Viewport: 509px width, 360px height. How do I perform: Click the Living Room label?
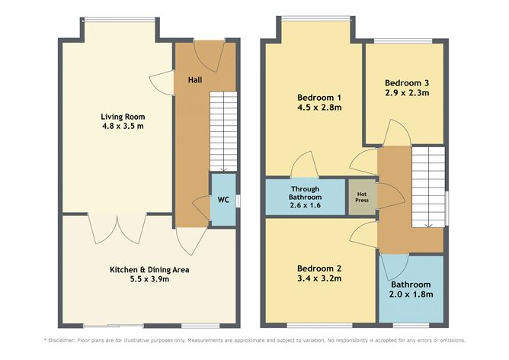pyautogui.click(x=123, y=117)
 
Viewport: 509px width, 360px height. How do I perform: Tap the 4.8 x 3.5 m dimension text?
pyautogui.click(x=123, y=127)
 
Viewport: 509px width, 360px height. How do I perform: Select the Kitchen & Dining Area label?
pyautogui.click(x=149, y=269)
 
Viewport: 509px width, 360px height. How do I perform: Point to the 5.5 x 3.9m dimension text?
pyautogui.click(x=149, y=280)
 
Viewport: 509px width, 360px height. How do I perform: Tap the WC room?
pyautogui.click(x=223, y=200)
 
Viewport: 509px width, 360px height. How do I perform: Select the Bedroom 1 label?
pyautogui.click(x=318, y=98)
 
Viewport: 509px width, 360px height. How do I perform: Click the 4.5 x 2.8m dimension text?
pyautogui.click(x=318, y=108)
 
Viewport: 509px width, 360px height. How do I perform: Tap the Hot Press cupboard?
pyautogui.click(x=362, y=195)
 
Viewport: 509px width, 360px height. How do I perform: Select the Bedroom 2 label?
pyautogui.click(x=318, y=268)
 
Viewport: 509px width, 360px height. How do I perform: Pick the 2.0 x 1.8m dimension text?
pyautogui.click(x=411, y=294)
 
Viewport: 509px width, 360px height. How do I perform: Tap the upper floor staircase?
pyautogui.click(x=427, y=187)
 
